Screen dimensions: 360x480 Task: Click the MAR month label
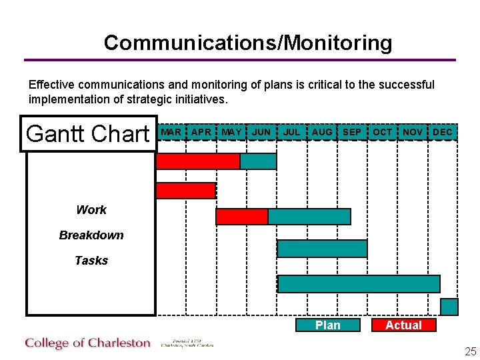coord(171,132)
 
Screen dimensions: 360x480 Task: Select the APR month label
coord(201,132)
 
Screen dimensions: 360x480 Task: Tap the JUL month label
coord(291,132)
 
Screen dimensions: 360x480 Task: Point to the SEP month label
coord(352,132)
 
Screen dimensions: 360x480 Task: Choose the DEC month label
coord(443,132)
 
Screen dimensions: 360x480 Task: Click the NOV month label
coord(413,132)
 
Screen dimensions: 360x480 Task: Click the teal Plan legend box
coord(328,325)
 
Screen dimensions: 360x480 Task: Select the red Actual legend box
coord(403,325)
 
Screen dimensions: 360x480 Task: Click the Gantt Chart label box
coord(89,134)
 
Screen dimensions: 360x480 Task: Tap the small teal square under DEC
coord(450,307)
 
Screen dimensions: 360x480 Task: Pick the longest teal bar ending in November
coord(359,284)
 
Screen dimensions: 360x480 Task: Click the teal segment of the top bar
coord(258,161)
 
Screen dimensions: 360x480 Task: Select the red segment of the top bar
coord(197,161)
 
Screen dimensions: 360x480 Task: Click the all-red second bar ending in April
coord(186,191)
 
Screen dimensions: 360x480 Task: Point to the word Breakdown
coord(91,235)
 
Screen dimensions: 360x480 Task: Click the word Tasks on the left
coord(91,261)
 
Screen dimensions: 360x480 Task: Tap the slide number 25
coord(470,351)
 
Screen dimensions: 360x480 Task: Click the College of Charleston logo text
coord(88,343)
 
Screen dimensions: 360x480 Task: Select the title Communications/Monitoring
coord(248,43)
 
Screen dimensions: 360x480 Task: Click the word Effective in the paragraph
coord(53,85)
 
